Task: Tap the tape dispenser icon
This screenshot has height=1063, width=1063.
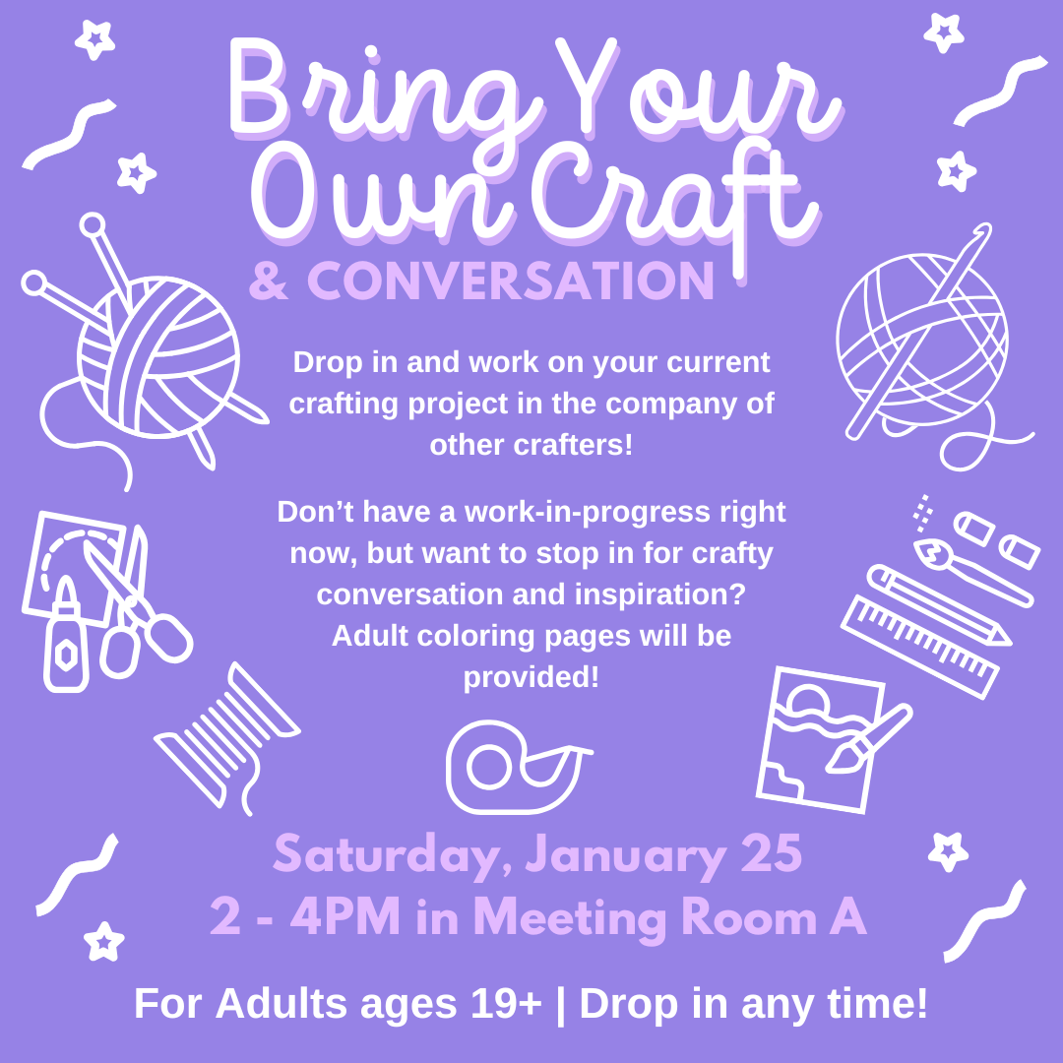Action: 519,767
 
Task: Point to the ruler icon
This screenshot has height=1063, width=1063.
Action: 920,646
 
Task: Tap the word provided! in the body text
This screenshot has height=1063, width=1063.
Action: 531,677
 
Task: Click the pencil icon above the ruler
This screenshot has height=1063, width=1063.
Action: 939,604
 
